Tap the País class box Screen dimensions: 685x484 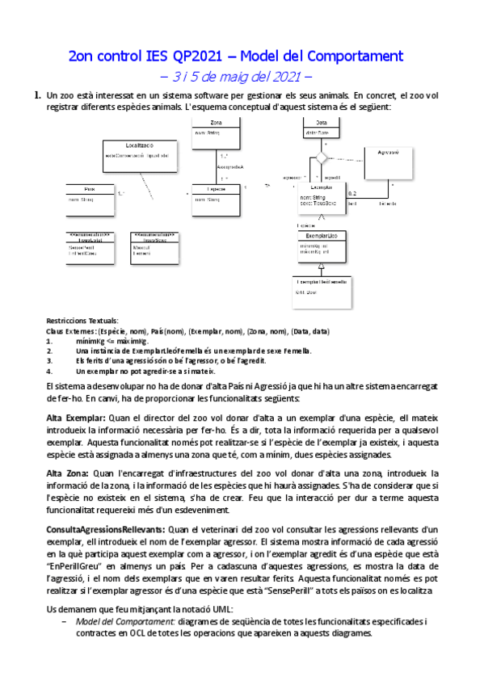tap(91, 194)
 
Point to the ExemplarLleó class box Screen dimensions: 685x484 tap(322, 242)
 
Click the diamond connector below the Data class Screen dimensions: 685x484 tap(321, 158)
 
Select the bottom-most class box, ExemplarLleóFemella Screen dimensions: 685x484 tap(322, 288)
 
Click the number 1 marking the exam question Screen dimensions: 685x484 tap(36, 96)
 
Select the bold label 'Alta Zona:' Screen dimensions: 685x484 tap(69, 473)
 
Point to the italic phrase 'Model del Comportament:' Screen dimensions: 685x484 tap(126, 622)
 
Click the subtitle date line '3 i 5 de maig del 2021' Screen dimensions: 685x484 tap(242, 78)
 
